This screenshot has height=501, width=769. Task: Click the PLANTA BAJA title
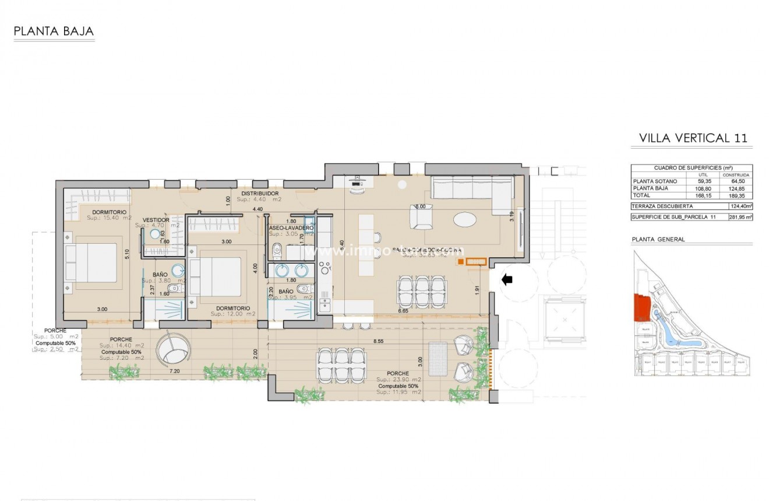click(54, 31)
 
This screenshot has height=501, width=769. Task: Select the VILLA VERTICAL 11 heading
click(693, 138)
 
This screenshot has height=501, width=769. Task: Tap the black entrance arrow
click(507, 280)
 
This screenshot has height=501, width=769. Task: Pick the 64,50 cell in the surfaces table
click(736, 181)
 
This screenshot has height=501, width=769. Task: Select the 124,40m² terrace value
click(740, 206)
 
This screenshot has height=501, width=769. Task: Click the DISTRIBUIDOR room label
click(260, 194)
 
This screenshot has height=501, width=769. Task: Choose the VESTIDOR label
click(156, 220)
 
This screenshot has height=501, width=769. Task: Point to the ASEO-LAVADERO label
click(291, 228)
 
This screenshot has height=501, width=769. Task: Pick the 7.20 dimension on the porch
click(174, 370)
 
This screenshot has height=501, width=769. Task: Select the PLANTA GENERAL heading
click(658, 239)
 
